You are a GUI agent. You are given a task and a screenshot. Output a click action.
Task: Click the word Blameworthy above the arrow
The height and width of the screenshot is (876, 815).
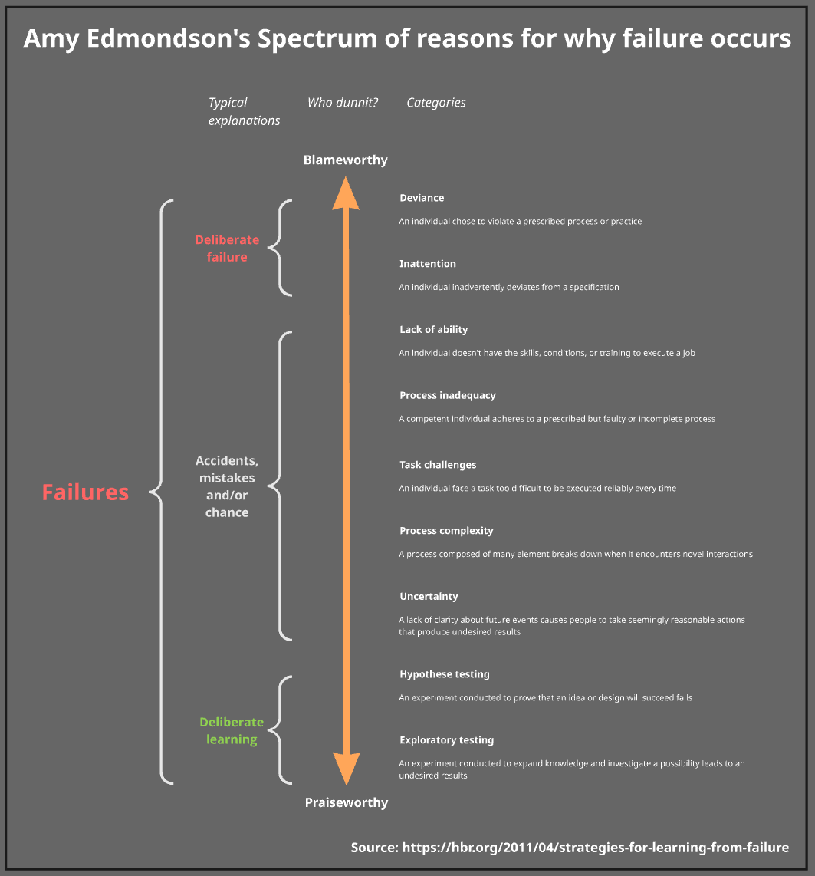pyautogui.click(x=346, y=160)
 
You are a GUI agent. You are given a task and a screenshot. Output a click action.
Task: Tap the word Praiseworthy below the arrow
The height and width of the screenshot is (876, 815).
pyautogui.click(x=347, y=803)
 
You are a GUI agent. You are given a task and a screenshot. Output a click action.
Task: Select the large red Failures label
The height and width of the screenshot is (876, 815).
pyautogui.click(x=85, y=492)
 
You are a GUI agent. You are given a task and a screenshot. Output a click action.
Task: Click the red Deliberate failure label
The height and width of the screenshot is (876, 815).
pyautogui.click(x=227, y=249)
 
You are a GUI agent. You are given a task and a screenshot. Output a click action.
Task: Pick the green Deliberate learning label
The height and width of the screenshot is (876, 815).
pyautogui.click(x=231, y=731)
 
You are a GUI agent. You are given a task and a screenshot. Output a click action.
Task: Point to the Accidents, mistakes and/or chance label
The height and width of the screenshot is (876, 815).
pyautogui.click(x=227, y=486)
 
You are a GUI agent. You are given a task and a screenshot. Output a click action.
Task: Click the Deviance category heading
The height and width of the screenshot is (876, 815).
pyautogui.click(x=422, y=198)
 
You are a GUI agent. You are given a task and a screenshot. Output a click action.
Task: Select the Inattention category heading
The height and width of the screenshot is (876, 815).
pyautogui.click(x=428, y=264)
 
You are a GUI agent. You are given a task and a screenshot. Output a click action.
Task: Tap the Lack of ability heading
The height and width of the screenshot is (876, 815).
pyautogui.click(x=433, y=330)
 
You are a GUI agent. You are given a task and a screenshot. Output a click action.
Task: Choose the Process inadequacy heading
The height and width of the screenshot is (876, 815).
pyautogui.click(x=448, y=396)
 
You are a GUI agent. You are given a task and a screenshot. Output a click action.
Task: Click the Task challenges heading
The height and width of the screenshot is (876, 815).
pyautogui.click(x=438, y=465)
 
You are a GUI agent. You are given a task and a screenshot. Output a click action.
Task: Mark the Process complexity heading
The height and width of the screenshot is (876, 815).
pyautogui.click(x=446, y=531)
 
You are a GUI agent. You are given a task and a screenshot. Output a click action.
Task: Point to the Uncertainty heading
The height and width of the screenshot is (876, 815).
pyautogui.click(x=429, y=597)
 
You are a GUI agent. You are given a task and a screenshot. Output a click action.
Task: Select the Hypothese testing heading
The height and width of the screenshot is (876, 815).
pyautogui.click(x=444, y=675)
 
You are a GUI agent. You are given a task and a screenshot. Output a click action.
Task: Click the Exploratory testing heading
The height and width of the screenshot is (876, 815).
pyautogui.click(x=446, y=740)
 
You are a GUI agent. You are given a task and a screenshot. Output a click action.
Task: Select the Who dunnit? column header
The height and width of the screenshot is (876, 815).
pyautogui.click(x=343, y=103)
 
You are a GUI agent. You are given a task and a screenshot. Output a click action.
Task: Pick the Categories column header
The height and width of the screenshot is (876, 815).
pyautogui.click(x=435, y=103)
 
